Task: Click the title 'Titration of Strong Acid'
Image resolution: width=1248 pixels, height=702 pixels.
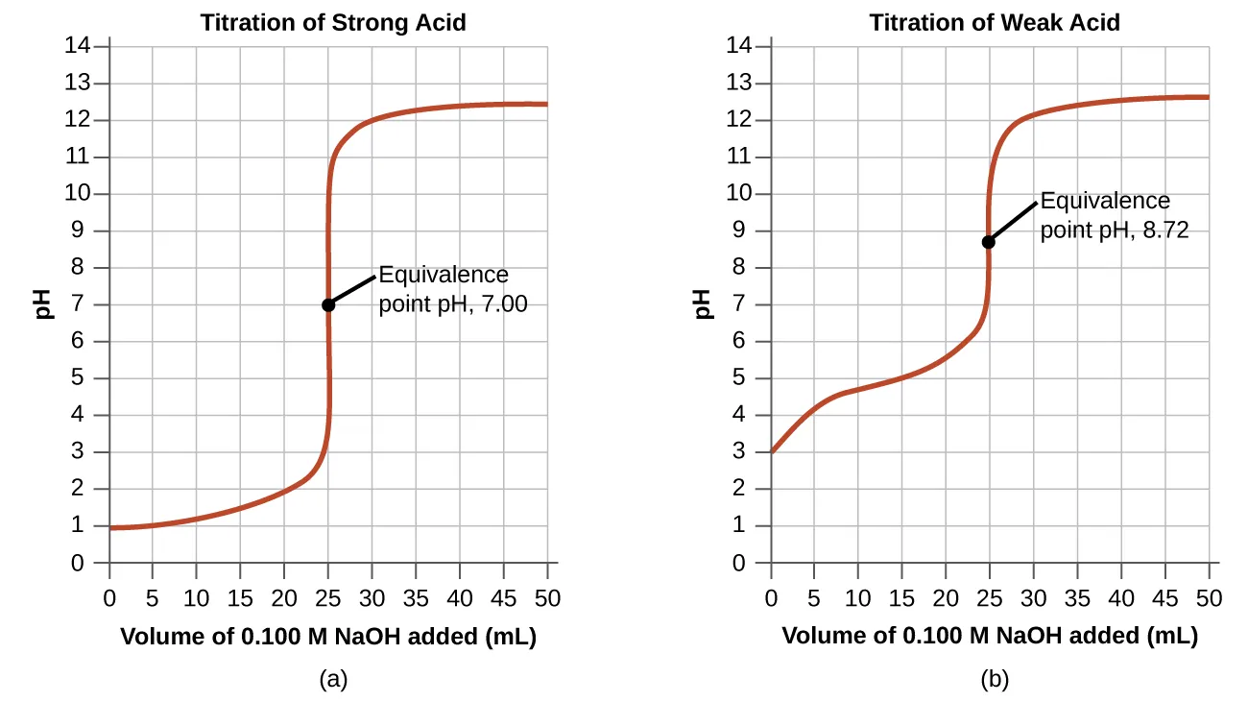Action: point(332,22)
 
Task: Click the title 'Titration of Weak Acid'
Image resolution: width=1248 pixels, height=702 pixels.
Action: point(995,22)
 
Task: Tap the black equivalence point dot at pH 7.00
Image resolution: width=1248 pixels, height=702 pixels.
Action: point(328,304)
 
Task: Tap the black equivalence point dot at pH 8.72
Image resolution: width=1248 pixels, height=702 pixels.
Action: point(988,242)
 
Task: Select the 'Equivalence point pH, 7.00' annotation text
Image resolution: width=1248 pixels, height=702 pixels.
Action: point(452,290)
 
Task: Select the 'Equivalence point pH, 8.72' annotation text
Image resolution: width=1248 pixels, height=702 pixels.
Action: point(1114,216)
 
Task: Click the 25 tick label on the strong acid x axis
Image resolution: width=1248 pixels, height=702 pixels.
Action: point(328,598)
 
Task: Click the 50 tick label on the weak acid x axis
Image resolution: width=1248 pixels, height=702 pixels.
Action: point(1209,598)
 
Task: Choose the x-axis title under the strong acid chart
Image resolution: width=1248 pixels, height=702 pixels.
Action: point(328,636)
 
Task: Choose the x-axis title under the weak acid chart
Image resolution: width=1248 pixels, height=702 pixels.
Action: point(990,636)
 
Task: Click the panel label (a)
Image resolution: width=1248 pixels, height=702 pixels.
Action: point(332,680)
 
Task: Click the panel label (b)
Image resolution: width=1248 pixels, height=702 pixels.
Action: point(995,680)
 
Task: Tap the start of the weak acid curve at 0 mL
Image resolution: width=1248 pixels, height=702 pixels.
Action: point(772,451)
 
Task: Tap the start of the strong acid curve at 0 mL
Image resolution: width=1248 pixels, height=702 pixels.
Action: point(110,527)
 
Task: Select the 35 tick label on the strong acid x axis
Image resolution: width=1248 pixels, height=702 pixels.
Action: point(416,598)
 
